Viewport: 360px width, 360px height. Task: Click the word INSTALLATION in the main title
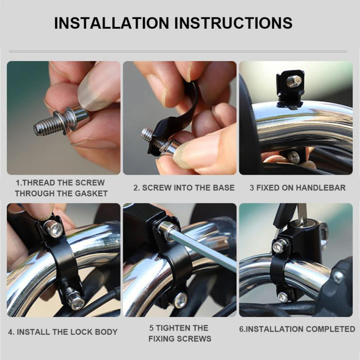(x=111, y=23)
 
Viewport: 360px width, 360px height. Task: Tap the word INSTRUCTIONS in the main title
(x=234, y=23)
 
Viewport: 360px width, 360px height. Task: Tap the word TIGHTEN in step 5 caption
(x=172, y=328)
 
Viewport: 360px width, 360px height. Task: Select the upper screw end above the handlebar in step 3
(x=294, y=81)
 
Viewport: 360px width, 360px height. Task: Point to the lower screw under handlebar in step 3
(x=293, y=156)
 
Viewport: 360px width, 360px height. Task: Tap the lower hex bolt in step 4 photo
(x=77, y=303)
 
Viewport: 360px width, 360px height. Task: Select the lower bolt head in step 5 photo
(x=181, y=300)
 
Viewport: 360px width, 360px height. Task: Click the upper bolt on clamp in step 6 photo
(x=280, y=246)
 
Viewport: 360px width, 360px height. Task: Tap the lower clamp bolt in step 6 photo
(x=283, y=297)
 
